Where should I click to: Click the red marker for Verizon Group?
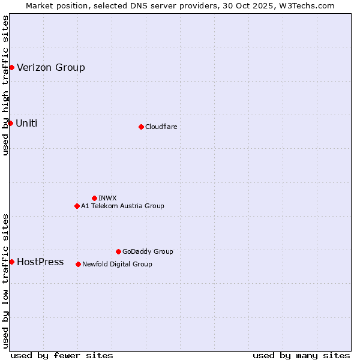11,67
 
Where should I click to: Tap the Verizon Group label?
51,67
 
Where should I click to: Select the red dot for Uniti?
10,123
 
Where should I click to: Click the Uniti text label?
26,124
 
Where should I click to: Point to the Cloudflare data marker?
141,127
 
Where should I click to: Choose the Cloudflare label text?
161,127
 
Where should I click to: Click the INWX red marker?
94,198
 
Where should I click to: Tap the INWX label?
107,198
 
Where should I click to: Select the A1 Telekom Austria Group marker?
77,206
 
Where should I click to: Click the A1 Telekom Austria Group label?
122,206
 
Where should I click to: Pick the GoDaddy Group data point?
118,251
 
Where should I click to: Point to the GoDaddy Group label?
148,251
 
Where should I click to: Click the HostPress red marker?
11,262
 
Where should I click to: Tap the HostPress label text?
40,262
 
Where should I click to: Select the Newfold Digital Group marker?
78,264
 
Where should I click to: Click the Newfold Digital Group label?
117,264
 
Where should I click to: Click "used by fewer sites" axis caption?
62,355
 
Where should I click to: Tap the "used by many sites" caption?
301,355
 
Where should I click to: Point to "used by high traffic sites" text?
5,85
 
